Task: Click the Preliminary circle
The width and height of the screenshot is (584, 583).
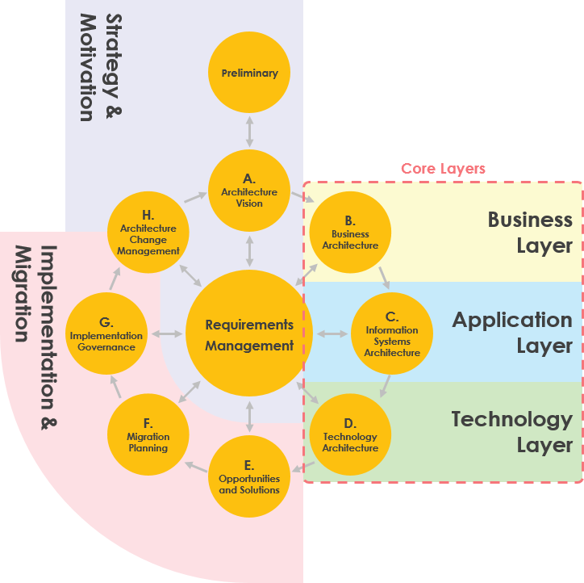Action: [x=249, y=73]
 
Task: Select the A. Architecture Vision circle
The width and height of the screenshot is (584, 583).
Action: [x=249, y=191]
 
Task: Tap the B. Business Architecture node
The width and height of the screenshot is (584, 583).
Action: [x=350, y=233]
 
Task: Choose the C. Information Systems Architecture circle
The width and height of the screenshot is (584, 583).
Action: [x=392, y=333]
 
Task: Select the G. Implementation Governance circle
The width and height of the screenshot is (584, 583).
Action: [x=106, y=334]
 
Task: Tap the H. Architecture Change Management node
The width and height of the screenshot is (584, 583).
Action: [x=148, y=233]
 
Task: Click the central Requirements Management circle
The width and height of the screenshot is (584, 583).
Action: [x=249, y=334]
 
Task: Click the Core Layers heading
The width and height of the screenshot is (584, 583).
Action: [x=443, y=169]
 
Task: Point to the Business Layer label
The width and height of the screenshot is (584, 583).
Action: [x=530, y=233]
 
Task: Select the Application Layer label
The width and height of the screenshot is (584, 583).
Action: [x=512, y=333]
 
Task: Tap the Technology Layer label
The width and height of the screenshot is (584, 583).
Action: [x=512, y=432]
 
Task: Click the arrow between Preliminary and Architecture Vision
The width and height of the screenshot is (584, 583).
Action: [x=249, y=132]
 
